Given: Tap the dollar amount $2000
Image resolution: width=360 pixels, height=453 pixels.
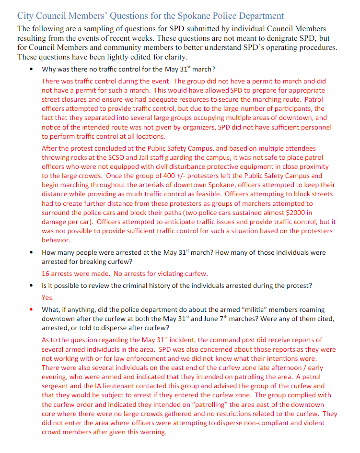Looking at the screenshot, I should (304, 213).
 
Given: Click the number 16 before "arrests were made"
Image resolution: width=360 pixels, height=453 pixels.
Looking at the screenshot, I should (46, 274).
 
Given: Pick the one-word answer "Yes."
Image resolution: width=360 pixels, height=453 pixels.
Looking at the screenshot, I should (48, 298).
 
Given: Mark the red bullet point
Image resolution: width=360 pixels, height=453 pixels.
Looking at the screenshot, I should (32, 310).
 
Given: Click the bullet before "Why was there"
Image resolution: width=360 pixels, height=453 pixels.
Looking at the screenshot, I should (32, 69).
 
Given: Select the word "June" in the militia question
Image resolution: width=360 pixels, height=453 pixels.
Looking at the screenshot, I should (204, 319).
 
